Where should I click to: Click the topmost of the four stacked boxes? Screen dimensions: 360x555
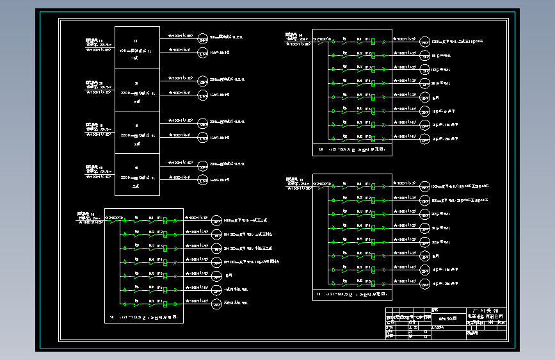(137, 47)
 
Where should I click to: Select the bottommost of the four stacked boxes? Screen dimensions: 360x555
(137, 174)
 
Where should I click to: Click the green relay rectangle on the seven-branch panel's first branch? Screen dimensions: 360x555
(166, 220)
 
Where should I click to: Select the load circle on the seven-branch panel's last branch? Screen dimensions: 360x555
(218, 303)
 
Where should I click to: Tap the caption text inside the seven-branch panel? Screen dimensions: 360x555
(145, 317)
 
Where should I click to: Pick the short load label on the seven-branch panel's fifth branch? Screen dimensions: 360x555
(229, 275)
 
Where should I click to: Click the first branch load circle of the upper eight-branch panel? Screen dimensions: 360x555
(425, 41)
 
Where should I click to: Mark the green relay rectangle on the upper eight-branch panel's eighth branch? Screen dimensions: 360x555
(373, 138)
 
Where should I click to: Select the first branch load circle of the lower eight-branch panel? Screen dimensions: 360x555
(425, 186)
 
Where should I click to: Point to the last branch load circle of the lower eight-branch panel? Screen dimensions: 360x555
(425, 283)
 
